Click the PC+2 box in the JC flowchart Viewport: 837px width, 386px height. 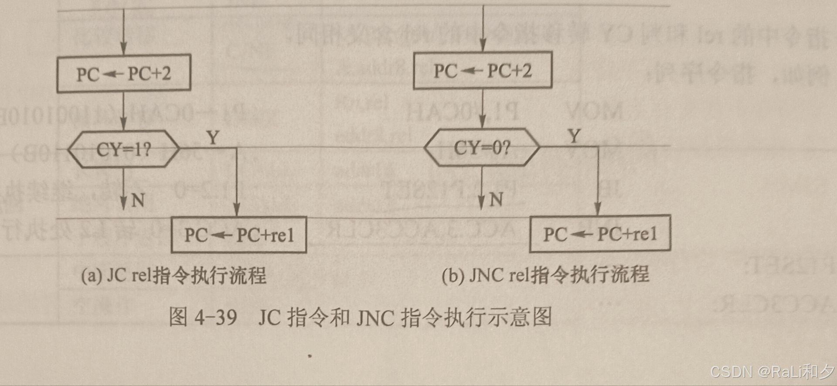[124, 73]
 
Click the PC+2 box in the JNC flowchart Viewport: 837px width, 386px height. [483, 70]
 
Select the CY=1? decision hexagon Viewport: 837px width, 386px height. [124, 149]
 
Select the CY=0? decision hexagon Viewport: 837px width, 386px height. [482, 147]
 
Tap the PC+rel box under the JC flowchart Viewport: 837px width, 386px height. [239, 235]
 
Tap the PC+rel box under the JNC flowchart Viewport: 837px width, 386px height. [600, 234]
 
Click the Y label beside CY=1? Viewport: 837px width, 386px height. [213, 138]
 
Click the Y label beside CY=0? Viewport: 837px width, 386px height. [575, 136]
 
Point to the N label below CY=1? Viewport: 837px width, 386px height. [138, 200]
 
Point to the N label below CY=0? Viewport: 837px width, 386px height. [496, 199]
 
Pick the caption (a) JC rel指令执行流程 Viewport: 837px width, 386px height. [174, 276]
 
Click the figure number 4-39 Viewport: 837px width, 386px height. [216, 317]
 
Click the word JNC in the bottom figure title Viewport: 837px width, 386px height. [375, 318]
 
